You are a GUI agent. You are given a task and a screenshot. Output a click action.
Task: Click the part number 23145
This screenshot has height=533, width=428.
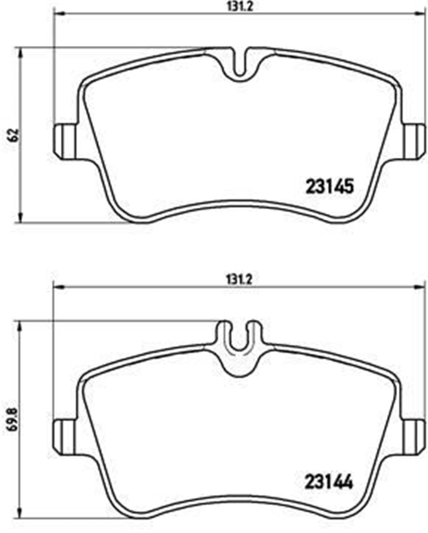click(330, 186)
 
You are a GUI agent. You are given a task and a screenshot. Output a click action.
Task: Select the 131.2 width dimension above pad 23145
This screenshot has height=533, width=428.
click(239, 7)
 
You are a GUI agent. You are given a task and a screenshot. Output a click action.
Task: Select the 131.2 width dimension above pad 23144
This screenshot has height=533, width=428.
click(239, 279)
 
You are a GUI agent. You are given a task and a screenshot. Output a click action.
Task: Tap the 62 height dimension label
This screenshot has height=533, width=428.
click(15, 135)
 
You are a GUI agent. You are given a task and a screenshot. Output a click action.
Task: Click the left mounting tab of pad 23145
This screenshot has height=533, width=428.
click(65, 141)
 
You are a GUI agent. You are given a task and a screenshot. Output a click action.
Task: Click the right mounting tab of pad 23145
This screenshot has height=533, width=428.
click(414, 141)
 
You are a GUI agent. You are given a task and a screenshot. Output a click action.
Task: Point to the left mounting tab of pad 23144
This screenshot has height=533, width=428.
click(65, 437)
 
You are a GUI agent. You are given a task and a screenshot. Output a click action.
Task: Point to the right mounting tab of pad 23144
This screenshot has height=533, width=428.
click(414, 437)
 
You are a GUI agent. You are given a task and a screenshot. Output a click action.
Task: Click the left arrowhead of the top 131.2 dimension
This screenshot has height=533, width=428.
click(58, 14)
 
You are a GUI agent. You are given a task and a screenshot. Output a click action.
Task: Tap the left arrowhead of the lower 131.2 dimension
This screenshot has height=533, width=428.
click(58, 288)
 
